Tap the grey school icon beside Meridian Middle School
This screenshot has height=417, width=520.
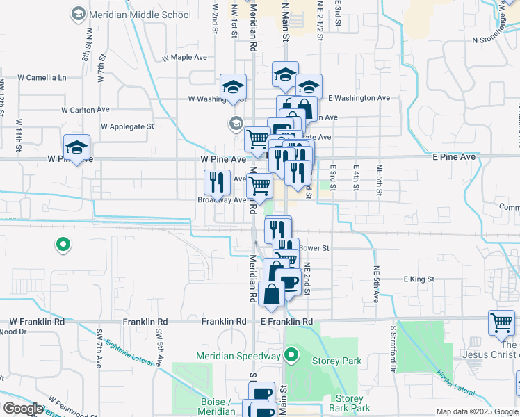[79, 14]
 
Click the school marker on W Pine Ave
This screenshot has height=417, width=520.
[77, 147]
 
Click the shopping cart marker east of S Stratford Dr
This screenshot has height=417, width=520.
[501, 322]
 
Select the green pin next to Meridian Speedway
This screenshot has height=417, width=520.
[292, 357]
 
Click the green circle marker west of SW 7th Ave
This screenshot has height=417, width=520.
[63, 244]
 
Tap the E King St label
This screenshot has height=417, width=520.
[419, 279]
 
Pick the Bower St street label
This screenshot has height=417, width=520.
[314, 247]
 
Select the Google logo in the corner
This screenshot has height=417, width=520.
[23, 409]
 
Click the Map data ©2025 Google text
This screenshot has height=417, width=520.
[476, 411]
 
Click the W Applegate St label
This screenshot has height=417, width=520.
[127, 126]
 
